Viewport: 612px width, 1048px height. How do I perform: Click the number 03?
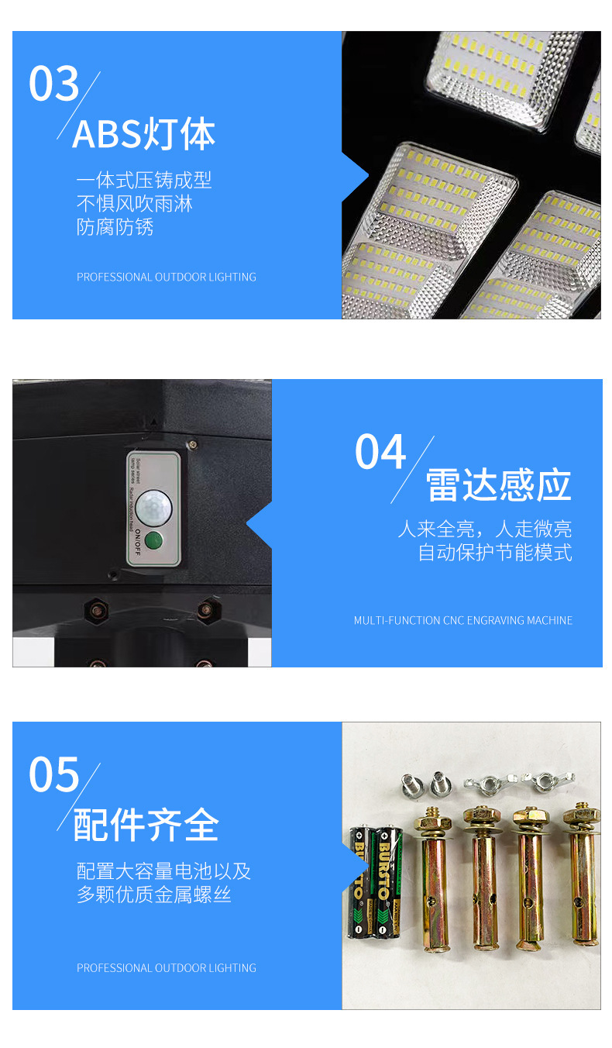(54, 84)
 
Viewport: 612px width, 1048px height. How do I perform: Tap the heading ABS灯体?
(143, 134)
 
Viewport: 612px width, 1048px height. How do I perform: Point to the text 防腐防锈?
(115, 227)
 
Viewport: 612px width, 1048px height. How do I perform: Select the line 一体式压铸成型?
(143, 181)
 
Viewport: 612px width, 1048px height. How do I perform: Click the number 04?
(380, 452)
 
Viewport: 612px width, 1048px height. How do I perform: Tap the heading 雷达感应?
(498, 486)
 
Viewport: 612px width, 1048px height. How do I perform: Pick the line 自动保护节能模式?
(495, 553)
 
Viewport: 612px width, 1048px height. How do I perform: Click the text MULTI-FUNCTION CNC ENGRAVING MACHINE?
(463, 620)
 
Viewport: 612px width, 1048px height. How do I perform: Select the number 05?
(54, 774)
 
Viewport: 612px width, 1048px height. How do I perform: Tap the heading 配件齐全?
(146, 825)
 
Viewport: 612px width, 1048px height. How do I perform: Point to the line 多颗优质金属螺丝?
(153, 895)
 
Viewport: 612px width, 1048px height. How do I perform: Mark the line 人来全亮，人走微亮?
(484, 529)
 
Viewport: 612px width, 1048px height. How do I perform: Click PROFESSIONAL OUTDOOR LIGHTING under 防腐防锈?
(166, 277)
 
